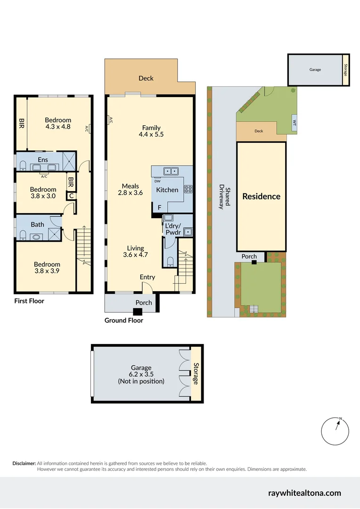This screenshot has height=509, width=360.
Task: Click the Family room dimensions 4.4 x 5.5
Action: coord(151,135)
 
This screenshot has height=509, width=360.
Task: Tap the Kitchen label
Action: coord(167,190)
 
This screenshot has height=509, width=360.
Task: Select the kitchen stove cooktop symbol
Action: coord(188,189)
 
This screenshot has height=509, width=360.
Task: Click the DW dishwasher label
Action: coord(157,181)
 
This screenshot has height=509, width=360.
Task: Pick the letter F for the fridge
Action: coord(159,208)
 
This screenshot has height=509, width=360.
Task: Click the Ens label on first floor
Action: coord(42,160)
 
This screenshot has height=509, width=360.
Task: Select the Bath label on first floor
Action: coord(38,224)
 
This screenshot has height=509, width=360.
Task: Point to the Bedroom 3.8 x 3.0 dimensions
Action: coord(44,196)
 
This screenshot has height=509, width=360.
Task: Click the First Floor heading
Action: coord(29,301)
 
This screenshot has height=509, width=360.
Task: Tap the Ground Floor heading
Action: coord(123,320)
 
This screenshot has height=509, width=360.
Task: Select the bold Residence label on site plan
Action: coord(261,197)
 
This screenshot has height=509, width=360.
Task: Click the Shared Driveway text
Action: coord(224,202)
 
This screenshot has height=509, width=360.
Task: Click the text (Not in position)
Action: coord(141,381)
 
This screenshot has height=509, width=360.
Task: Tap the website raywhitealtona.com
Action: coord(304,493)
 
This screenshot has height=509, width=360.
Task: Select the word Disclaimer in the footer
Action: coord(24,463)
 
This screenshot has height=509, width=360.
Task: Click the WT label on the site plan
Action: coord(295,122)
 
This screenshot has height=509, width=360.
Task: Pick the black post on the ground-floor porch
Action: coord(137,312)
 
